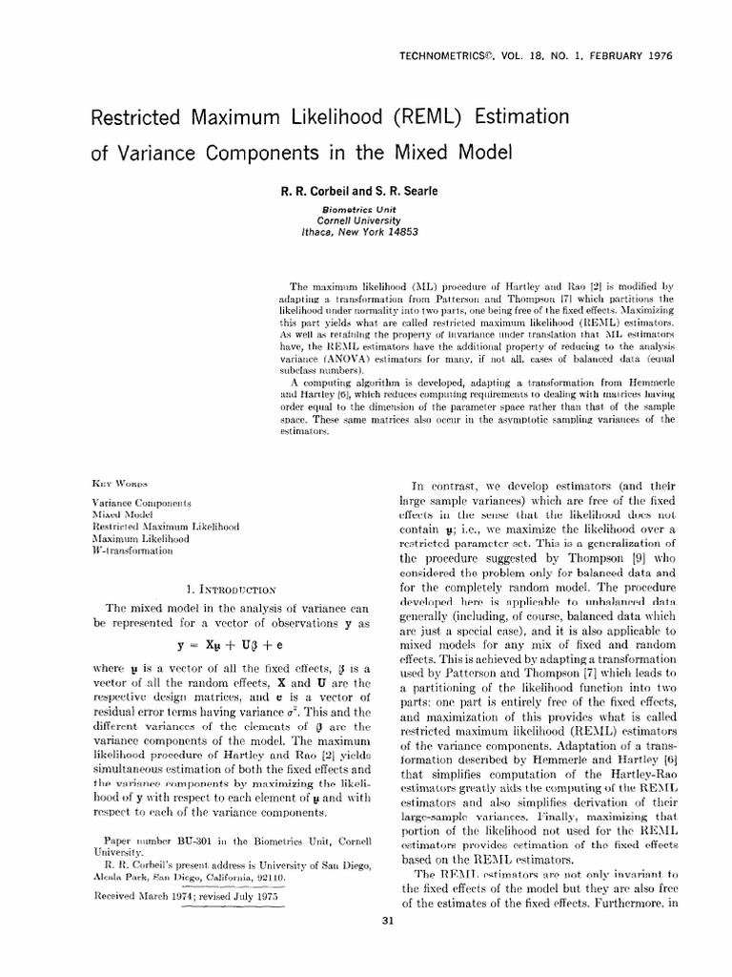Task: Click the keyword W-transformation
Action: (x=132, y=551)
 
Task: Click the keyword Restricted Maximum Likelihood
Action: (x=164, y=526)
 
